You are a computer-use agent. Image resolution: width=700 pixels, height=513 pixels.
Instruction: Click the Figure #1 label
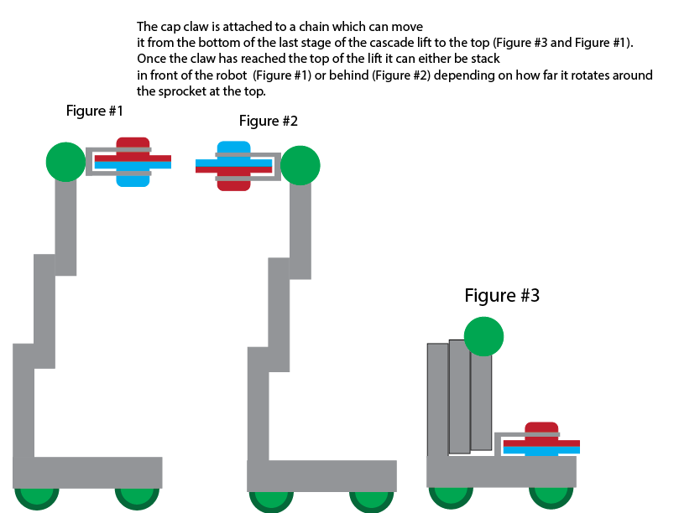click(x=95, y=111)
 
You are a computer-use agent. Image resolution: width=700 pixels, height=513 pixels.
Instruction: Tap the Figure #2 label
click(x=269, y=121)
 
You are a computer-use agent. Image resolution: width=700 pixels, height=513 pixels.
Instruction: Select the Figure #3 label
click(x=502, y=295)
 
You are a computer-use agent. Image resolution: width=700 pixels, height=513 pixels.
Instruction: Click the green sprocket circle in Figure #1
click(x=66, y=161)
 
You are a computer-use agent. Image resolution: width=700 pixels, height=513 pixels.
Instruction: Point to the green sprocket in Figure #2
click(x=300, y=165)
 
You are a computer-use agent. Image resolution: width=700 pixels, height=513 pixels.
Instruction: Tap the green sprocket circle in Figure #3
click(x=483, y=336)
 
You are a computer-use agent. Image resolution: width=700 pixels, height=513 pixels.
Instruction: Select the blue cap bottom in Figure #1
click(x=133, y=179)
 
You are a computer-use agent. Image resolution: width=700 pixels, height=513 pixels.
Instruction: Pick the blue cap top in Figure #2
click(x=233, y=148)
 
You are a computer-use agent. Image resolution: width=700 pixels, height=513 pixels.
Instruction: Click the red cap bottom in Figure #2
click(x=233, y=183)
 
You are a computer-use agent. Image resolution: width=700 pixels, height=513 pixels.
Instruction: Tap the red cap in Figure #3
click(x=541, y=430)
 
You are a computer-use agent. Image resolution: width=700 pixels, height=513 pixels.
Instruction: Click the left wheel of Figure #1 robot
click(x=36, y=496)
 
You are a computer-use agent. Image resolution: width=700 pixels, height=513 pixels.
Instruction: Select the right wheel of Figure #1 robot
click(x=137, y=496)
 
